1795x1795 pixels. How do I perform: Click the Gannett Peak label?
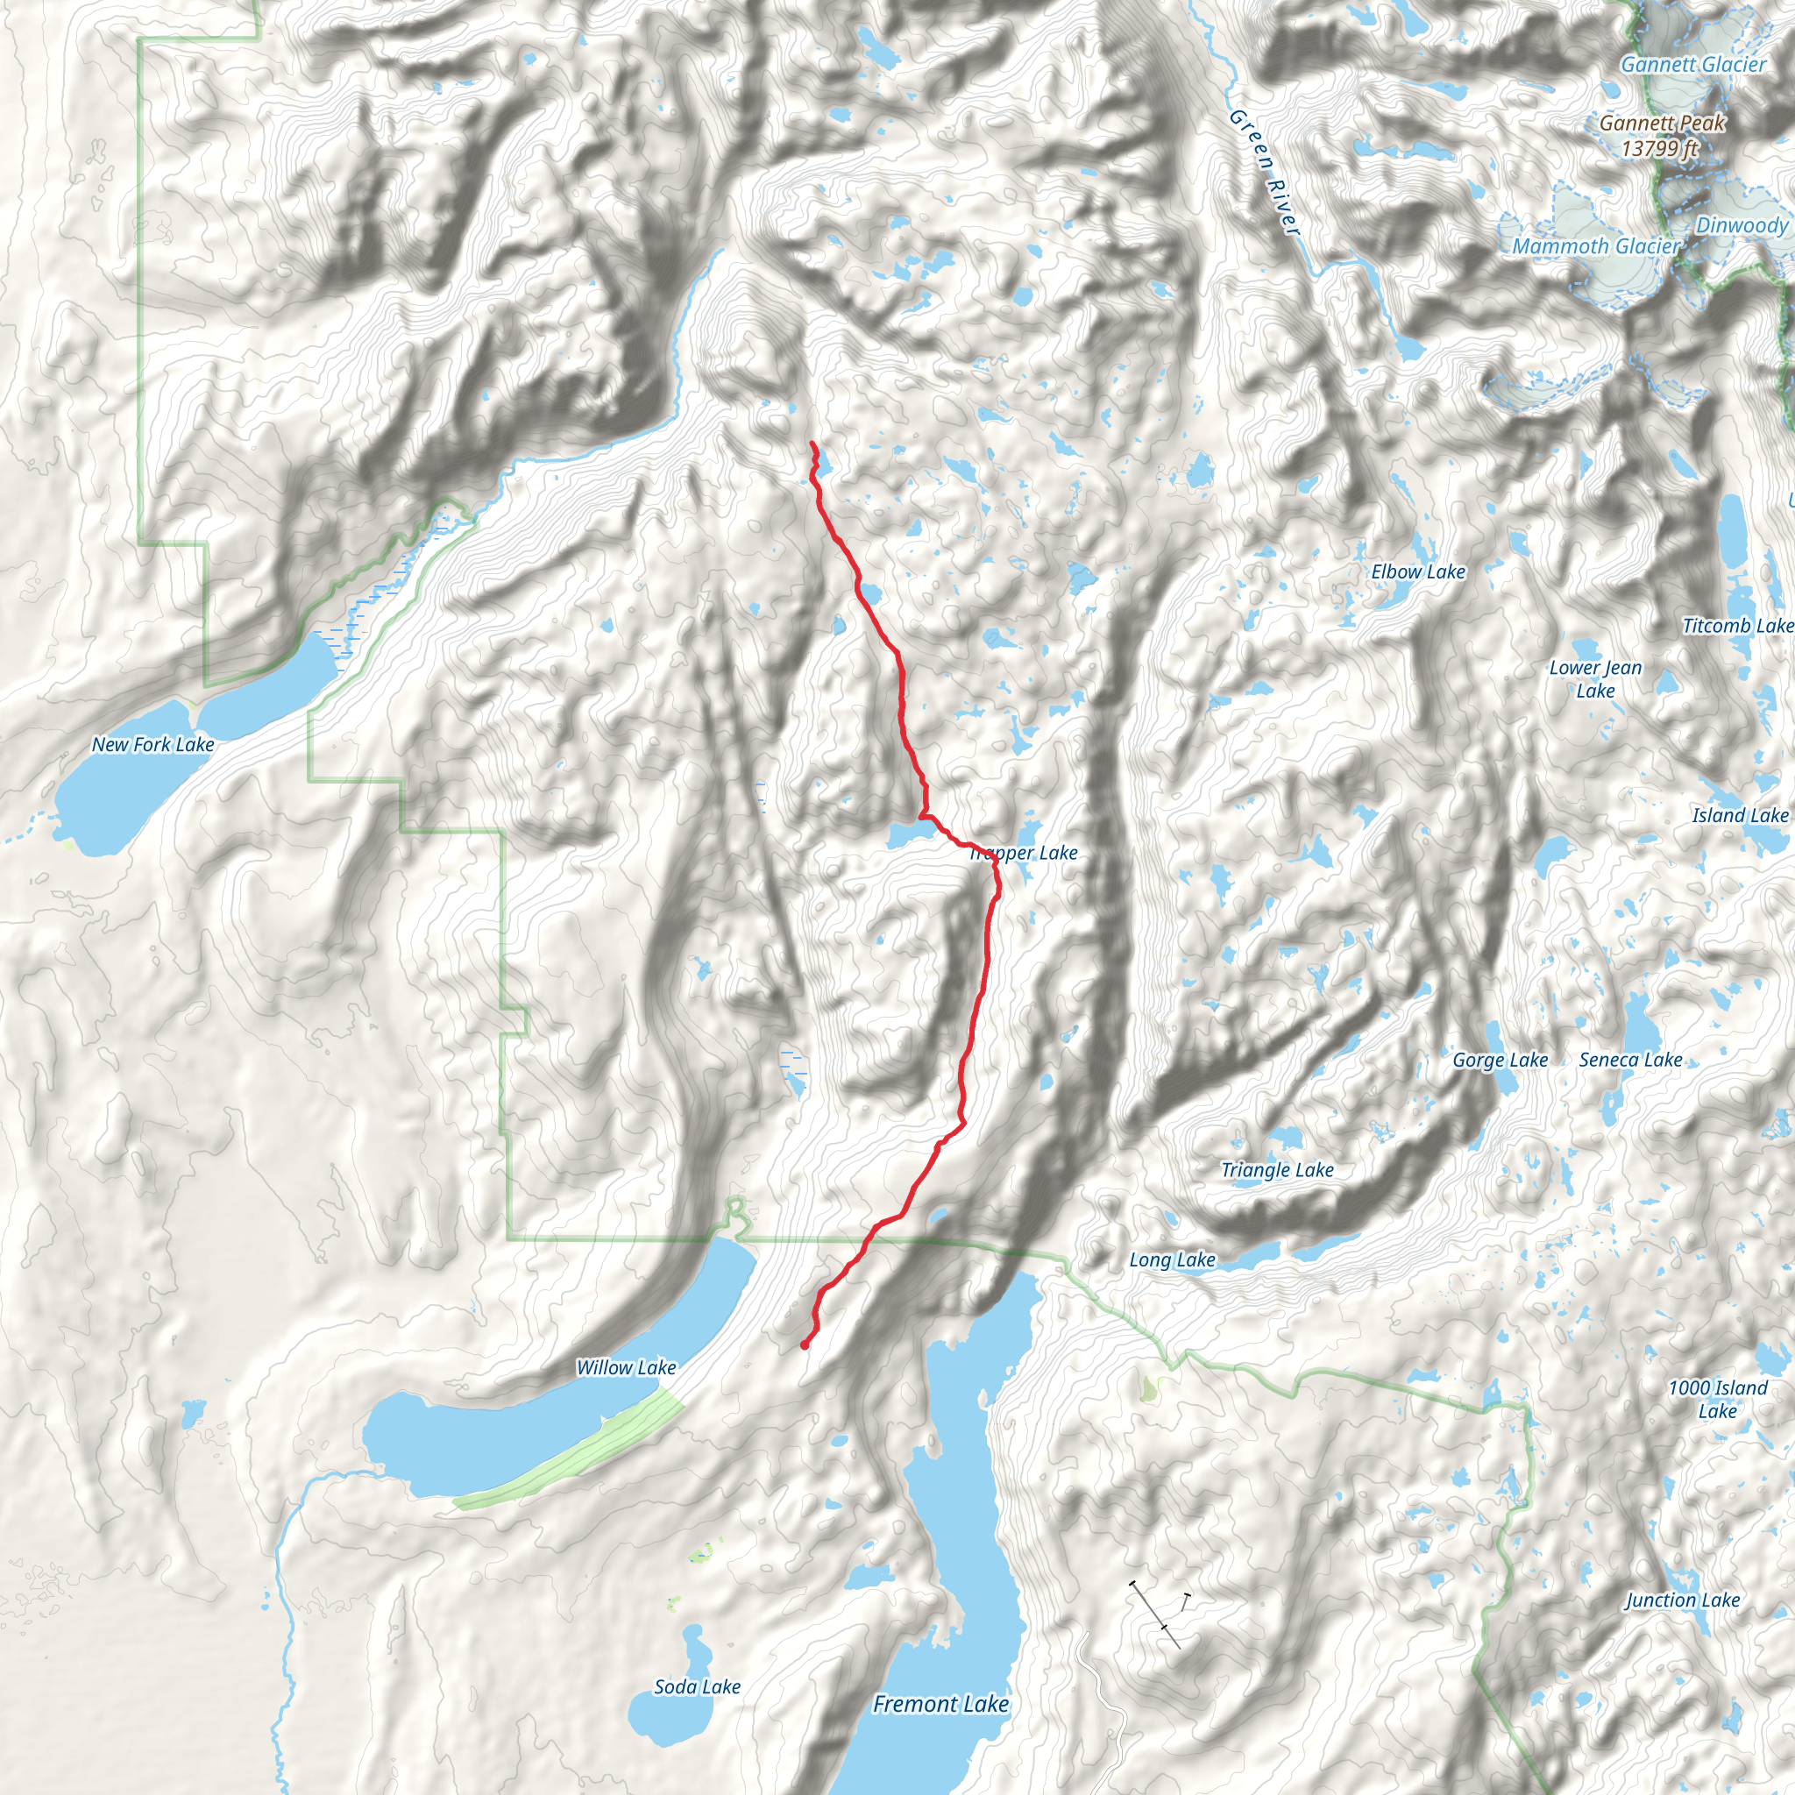click(1661, 135)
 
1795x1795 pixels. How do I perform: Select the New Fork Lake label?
click(153, 744)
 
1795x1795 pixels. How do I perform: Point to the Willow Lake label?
click(626, 1367)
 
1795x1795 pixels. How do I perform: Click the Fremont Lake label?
click(940, 1705)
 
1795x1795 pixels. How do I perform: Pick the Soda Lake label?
click(697, 1686)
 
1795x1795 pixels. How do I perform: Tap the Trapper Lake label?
click(1024, 853)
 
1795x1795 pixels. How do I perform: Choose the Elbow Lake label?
click(1418, 572)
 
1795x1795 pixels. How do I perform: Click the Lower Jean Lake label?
click(1595, 679)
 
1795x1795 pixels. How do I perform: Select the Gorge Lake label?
click(1500, 1061)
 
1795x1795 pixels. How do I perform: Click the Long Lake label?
click(1172, 1259)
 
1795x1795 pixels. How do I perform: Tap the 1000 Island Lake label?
click(1717, 1399)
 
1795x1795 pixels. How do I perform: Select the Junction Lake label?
click(1682, 1600)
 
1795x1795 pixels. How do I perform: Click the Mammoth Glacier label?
click(1595, 246)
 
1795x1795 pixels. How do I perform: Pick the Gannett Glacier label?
click(1692, 64)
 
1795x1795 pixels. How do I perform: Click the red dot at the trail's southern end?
click(804, 1344)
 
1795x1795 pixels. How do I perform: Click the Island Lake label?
click(1739, 816)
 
